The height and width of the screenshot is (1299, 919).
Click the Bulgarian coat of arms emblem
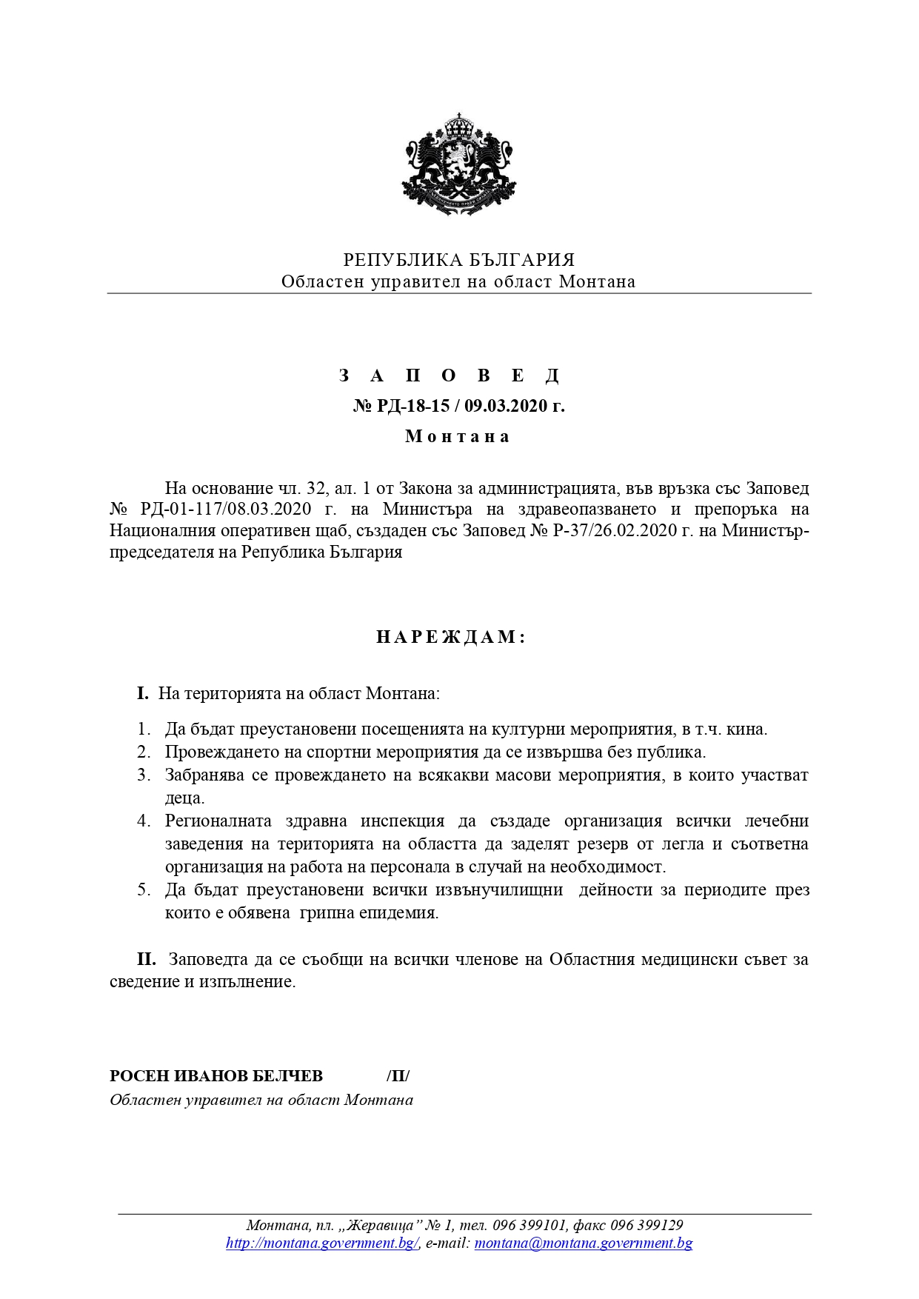(x=459, y=164)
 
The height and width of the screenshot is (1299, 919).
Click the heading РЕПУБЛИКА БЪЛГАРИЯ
(x=459, y=260)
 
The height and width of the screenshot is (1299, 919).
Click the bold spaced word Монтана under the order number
(x=458, y=436)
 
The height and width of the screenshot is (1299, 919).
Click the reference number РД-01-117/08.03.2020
(x=226, y=510)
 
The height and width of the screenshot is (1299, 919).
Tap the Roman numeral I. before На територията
(x=143, y=694)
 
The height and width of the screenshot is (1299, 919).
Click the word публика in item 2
(x=670, y=752)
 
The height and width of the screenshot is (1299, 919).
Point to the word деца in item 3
(x=183, y=798)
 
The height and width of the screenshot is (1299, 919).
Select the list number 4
(x=144, y=821)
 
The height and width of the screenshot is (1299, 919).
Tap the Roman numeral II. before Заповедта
(x=146, y=960)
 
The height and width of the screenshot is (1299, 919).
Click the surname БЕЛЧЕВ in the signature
(x=288, y=1076)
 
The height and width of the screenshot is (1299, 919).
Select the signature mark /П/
(x=398, y=1076)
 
